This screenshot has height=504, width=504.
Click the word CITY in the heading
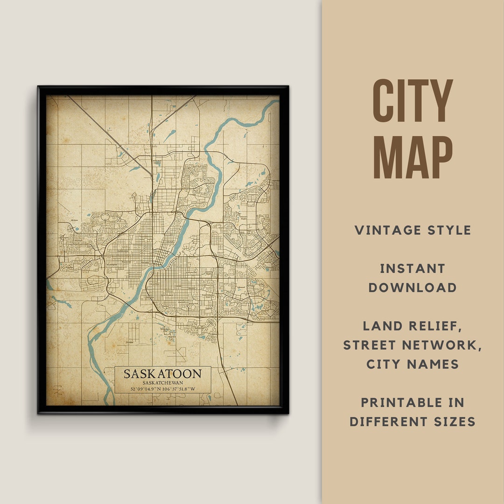pos(413,101)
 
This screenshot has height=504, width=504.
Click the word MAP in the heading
pos(413,158)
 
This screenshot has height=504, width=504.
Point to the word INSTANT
pos(413,268)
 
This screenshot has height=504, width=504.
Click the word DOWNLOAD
pos(413,287)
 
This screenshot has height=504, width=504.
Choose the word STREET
pos(371,345)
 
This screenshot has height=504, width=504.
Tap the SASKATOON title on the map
pos(162,374)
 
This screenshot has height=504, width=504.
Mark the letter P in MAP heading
pos(441,158)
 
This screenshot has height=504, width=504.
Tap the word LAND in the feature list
pos(382,326)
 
